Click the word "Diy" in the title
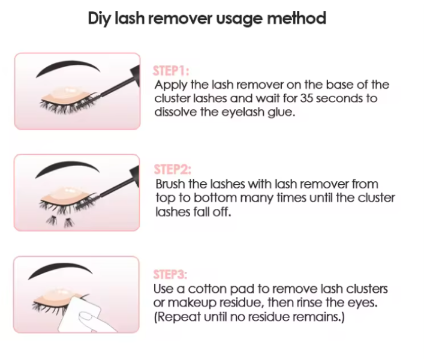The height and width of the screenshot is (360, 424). tap(100, 18)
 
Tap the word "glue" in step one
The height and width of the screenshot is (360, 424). tap(281, 112)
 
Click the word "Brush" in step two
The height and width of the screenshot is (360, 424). tap(170, 185)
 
